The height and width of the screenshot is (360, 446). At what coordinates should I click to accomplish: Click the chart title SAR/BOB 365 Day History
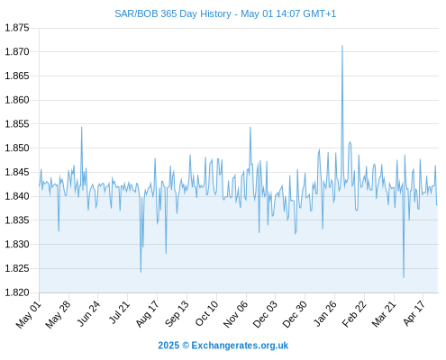click(173, 13)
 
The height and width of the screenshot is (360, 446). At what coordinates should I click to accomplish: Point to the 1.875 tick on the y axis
click(17, 28)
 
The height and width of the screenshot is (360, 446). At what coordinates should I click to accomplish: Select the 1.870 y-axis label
click(17, 52)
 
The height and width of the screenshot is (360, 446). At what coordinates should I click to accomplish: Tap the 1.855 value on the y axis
click(17, 124)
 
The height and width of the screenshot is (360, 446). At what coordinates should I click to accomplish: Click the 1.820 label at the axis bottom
click(17, 292)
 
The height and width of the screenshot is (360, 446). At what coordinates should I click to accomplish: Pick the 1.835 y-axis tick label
click(17, 220)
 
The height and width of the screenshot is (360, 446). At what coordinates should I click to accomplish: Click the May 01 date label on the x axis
click(28, 314)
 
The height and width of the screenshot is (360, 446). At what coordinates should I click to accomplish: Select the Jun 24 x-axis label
click(88, 313)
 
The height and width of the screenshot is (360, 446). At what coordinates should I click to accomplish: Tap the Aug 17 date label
click(147, 313)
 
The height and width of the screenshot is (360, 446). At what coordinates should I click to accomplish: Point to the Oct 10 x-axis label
click(206, 313)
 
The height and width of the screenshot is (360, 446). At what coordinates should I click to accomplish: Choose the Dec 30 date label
click(295, 314)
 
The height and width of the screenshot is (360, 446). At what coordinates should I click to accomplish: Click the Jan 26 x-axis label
click(324, 313)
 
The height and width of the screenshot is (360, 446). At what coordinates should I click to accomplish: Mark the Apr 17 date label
click(414, 313)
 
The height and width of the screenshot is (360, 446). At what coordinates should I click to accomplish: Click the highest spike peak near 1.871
click(342, 46)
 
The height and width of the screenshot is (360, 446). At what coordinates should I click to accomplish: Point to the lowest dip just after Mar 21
click(404, 277)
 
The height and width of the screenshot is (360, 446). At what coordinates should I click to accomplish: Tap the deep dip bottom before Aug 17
click(141, 272)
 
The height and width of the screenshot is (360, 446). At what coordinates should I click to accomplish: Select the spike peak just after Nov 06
click(250, 127)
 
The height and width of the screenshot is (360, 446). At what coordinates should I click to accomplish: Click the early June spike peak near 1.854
click(81, 127)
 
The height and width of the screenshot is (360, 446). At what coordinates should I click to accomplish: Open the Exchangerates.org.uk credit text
click(240, 346)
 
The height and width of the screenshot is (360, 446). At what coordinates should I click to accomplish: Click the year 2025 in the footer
click(168, 346)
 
